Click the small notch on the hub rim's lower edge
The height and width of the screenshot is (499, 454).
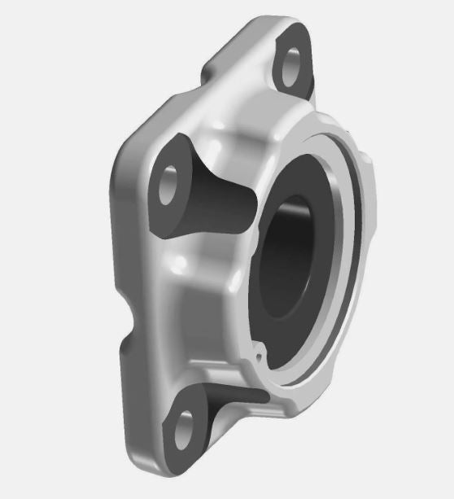coord(259,355)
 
